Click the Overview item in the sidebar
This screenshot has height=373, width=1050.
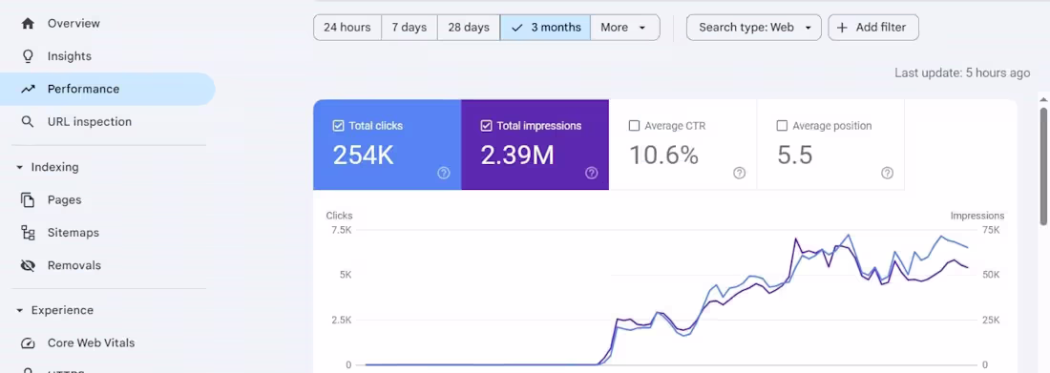73,24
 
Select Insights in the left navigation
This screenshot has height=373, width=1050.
69,56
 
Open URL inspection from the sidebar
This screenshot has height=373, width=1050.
89,122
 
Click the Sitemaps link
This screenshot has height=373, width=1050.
73,233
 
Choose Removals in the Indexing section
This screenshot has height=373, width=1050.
73,265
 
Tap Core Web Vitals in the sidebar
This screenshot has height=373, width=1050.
91,342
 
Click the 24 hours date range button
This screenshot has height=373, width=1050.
346,28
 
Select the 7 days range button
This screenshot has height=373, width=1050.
409,28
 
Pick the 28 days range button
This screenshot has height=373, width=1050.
469,28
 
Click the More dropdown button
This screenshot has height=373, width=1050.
625,28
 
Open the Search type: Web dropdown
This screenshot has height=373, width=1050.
754,28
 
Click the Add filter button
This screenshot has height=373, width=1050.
873,28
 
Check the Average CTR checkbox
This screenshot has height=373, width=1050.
634,126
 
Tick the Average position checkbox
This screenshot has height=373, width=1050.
782,126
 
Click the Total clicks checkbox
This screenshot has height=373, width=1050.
338,126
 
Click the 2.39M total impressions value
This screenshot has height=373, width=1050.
517,155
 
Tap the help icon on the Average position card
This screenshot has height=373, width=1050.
888,174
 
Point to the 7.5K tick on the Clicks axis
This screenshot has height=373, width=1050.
342,230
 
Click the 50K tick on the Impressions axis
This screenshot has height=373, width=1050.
991,276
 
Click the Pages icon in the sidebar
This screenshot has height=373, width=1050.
28,199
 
